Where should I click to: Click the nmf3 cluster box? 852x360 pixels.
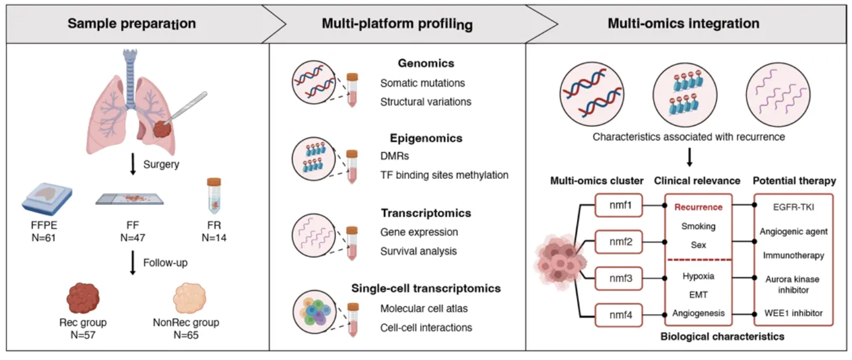619,278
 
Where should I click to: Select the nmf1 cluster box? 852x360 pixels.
619,205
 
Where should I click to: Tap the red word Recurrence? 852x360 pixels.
698,207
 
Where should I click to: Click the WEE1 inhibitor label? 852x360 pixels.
793,313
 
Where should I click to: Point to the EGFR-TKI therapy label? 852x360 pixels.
793,207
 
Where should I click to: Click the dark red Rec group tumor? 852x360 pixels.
83,298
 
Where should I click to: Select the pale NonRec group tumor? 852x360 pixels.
189,298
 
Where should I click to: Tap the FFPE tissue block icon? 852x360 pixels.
47,199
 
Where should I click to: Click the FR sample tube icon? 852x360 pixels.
214,196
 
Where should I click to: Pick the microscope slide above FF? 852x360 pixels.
130,199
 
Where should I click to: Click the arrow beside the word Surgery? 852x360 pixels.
133,164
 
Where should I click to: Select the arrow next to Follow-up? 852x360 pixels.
133,263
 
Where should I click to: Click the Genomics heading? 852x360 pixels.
426,63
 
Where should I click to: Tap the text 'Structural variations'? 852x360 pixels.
425,102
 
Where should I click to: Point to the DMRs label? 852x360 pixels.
395,156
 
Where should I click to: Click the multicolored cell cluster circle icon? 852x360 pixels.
314,312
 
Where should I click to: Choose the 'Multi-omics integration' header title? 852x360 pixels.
684,23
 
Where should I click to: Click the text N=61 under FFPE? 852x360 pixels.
44,238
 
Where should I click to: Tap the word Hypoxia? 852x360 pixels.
698,276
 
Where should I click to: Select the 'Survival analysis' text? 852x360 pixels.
418,251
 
